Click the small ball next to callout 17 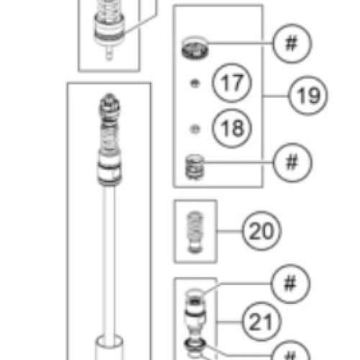pyautogui.click(x=194, y=84)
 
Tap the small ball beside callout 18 pyautogui.click(x=194, y=129)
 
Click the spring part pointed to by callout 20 pyautogui.click(x=195, y=231)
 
